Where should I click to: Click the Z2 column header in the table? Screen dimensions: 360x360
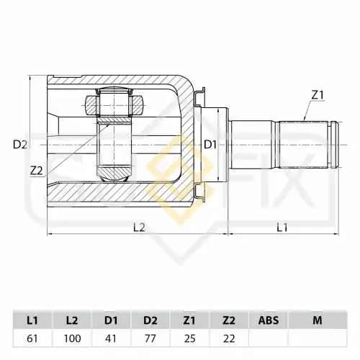point(229,319)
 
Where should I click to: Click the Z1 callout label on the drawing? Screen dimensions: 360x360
point(319,94)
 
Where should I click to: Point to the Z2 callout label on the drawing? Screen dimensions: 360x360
point(37,170)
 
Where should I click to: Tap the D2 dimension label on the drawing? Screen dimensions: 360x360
point(19,144)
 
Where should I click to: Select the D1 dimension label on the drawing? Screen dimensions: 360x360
point(210,144)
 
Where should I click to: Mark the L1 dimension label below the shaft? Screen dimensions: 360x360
point(282,227)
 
